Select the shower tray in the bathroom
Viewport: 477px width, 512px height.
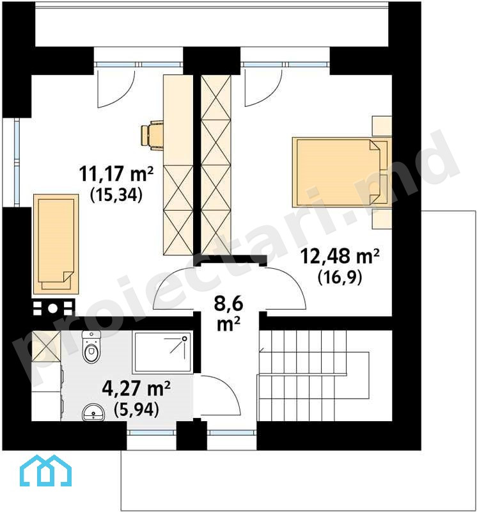pyautogui.click(x=162, y=353)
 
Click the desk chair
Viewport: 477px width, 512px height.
pyautogui.click(x=152, y=135)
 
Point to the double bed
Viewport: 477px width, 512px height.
pyautogui.click(x=341, y=172)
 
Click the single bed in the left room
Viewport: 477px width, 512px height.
pyautogui.click(x=56, y=244)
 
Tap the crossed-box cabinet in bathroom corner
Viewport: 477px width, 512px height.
pyautogui.click(x=46, y=346)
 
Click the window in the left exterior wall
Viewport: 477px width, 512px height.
pyautogui.click(x=17, y=162)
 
